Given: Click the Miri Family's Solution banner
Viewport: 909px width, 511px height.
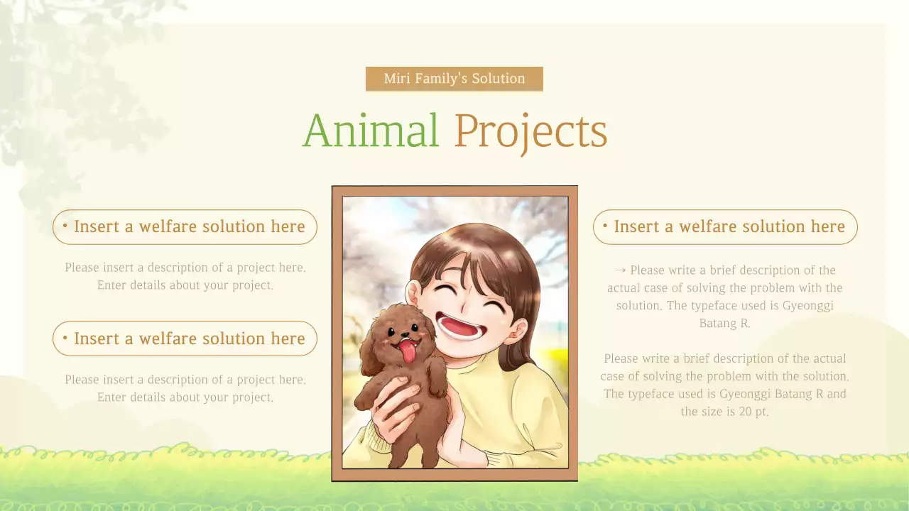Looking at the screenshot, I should (x=454, y=79).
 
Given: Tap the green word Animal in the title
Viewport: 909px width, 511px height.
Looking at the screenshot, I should (x=371, y=131).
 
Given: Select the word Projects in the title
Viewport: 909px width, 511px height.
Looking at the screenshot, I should (x=530, y=132).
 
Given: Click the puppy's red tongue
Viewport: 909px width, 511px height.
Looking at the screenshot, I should (x=408, y=350).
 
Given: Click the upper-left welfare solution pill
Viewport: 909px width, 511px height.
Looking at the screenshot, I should (x=185, y=227).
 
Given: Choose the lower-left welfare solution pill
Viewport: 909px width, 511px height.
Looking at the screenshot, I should (x=185, y=339).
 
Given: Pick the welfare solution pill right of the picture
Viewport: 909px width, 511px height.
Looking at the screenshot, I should (x=725, y=227).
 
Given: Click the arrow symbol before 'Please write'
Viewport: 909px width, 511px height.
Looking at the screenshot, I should (x=619, y=270).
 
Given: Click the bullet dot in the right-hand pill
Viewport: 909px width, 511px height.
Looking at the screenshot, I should (x=605, y=226).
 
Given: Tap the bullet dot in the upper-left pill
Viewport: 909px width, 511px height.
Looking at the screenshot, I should (x=65, y=226).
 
